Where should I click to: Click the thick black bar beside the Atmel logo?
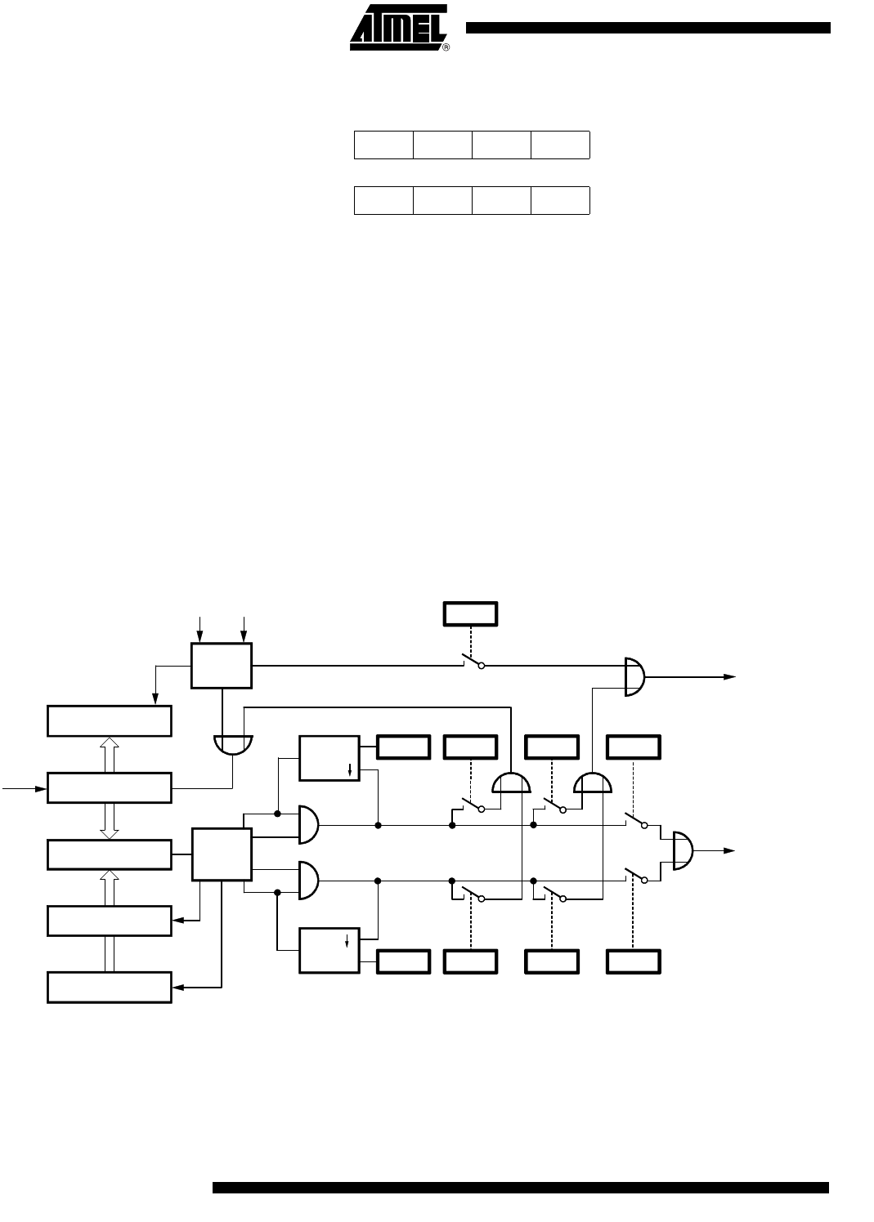pos(648,28)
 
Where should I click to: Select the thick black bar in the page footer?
pos(520,1187)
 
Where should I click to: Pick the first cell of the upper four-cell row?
pos(383,145)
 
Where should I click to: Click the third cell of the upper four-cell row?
pos(501,145)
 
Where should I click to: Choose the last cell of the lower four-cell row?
pos(560,200)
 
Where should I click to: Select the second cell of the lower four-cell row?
pos(442,200)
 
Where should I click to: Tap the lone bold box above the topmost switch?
pos(471,613)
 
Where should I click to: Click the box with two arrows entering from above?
pos(222,665)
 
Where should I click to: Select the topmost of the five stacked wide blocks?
pos(110,720)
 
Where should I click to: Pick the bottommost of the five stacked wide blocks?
pos(110,987)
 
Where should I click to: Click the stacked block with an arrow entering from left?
pos(110,787)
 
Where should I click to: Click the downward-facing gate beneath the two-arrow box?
pos(233,744)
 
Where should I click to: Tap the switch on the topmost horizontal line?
pos(472,661)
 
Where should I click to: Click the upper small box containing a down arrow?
pos(329,758)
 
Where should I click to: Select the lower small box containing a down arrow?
pos(329,950)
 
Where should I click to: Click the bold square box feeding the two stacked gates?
pos(222,854)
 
